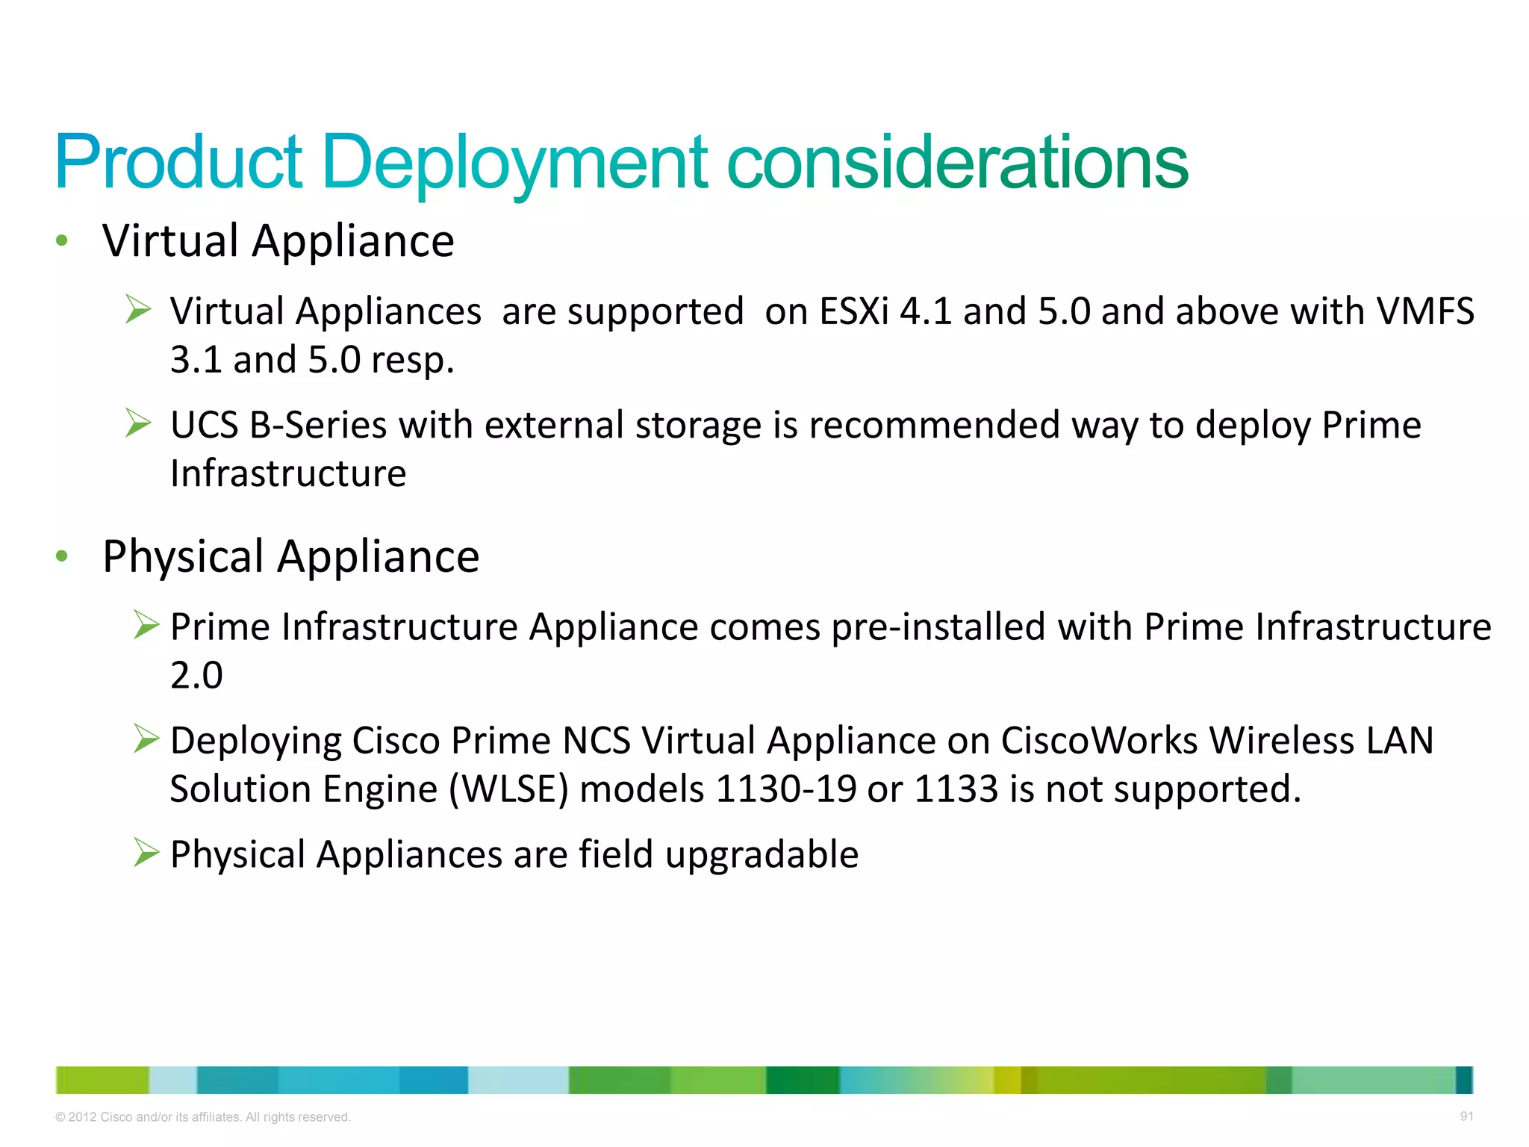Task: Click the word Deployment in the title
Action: coord(515,163)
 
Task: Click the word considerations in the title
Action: coord(957,163)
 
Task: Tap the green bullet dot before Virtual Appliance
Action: coord(62,240)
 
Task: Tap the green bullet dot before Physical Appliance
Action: coord(62,556)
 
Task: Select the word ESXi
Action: coord(854,311)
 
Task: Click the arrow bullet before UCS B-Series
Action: coord(139,423)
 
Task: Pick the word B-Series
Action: coord(317,426)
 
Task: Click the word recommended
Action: coord(934,426)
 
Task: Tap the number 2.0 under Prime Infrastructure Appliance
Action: coord(196,676)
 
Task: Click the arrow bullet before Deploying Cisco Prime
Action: coord(146,739)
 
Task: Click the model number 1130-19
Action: coord(785,790)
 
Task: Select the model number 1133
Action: coord(956,790)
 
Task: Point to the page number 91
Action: coord(1466,1116)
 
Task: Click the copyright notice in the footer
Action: coord(203,1117)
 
